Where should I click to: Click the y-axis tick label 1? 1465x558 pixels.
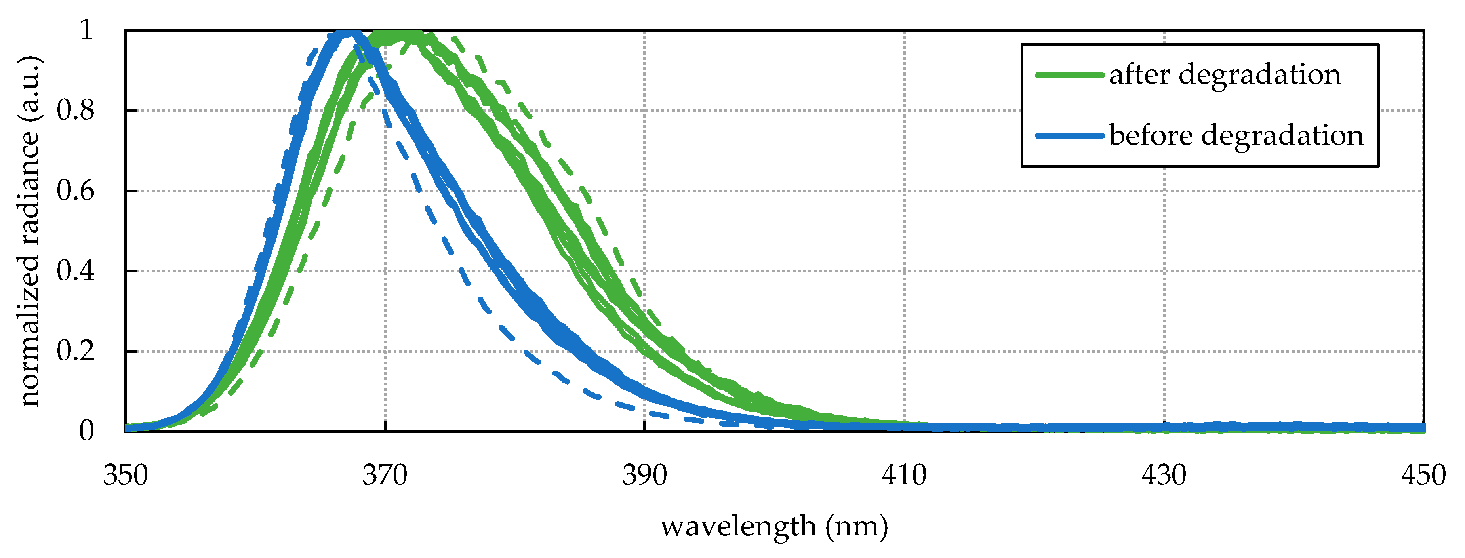click(x=86, y=29)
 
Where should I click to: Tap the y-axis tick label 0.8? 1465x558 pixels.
click(x=75, y=110)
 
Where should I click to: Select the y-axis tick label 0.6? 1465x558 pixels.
click(x=75, y=191)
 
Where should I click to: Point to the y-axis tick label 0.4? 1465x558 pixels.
click(x=75, y=271)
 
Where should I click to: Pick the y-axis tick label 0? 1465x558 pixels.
click(x=86, y=431)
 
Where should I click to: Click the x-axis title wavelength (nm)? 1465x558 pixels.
click(x=774, y=526)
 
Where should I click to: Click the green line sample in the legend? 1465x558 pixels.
click(x=1069, y=74)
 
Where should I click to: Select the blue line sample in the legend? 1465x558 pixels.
click(x=1069, y=135)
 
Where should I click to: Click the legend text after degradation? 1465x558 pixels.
click(x=1225, y=74)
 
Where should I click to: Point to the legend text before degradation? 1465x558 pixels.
click(x=1236, y=135)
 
